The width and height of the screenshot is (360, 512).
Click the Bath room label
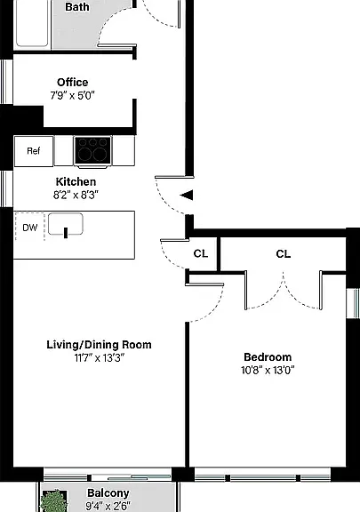77,7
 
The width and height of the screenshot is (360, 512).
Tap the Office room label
73,82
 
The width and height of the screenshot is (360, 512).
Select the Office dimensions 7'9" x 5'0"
72,96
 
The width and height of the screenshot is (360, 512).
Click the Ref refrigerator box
34,151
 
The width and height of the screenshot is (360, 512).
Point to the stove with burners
93,150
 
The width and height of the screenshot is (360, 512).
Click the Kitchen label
76,181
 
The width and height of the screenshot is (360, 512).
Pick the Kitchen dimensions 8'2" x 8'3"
76,196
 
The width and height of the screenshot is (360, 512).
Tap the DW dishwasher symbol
29,228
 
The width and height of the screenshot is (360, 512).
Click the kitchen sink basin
66,224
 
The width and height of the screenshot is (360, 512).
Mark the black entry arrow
187,196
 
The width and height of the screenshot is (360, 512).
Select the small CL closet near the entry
201,253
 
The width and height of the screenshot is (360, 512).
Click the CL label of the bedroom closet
283,254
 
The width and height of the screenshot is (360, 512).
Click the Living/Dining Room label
99,345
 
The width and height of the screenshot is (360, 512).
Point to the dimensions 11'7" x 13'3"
100,358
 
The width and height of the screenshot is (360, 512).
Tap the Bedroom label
268,357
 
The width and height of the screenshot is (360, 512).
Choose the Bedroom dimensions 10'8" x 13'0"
268,371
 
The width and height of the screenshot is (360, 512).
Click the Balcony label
108,493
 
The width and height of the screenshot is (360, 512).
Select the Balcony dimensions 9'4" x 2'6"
108,507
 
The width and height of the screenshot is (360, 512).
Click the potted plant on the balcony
54,501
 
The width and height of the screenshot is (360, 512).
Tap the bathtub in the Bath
32,23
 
